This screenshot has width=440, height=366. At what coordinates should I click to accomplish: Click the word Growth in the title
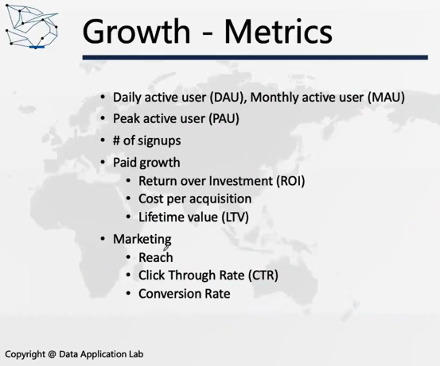pyautogui.click(x=136, y=31)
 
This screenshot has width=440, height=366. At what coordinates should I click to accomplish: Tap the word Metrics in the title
pyautogui.click(x=278, y=31)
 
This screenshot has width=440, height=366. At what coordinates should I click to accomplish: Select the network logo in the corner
pyautogui.click(x=32, y=27)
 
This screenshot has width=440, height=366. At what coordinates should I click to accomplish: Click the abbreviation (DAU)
pyautogui.click(x=228, y=98)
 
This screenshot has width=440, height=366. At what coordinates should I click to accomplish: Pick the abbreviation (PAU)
pyautogui.click(x=224, y=119)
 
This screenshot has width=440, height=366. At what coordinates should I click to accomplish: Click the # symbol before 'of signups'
pyautogui.click(x=116, y=141)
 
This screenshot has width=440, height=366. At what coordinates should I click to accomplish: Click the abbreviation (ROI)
pyautogui.click(x=290, y=181)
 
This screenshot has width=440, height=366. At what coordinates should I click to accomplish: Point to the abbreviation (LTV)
pyautogui.click(x=236, y=218)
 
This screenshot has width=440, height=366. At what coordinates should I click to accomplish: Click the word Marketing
pyautogui.click(x=142, y=240)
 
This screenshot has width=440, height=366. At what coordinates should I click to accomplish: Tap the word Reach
pyautogui.click(x=156, y=257)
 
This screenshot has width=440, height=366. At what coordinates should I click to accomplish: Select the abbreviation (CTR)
pyautogui.click(x=263, y=275)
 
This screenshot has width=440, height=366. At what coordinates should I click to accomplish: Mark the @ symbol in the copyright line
pyautogui.click(x=52, y=354)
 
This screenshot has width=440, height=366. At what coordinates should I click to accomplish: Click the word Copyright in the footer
pyautogui.click(x=25, y=355)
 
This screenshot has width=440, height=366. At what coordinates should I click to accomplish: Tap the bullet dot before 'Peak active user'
pyautogui.click(x=103, y=118)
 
